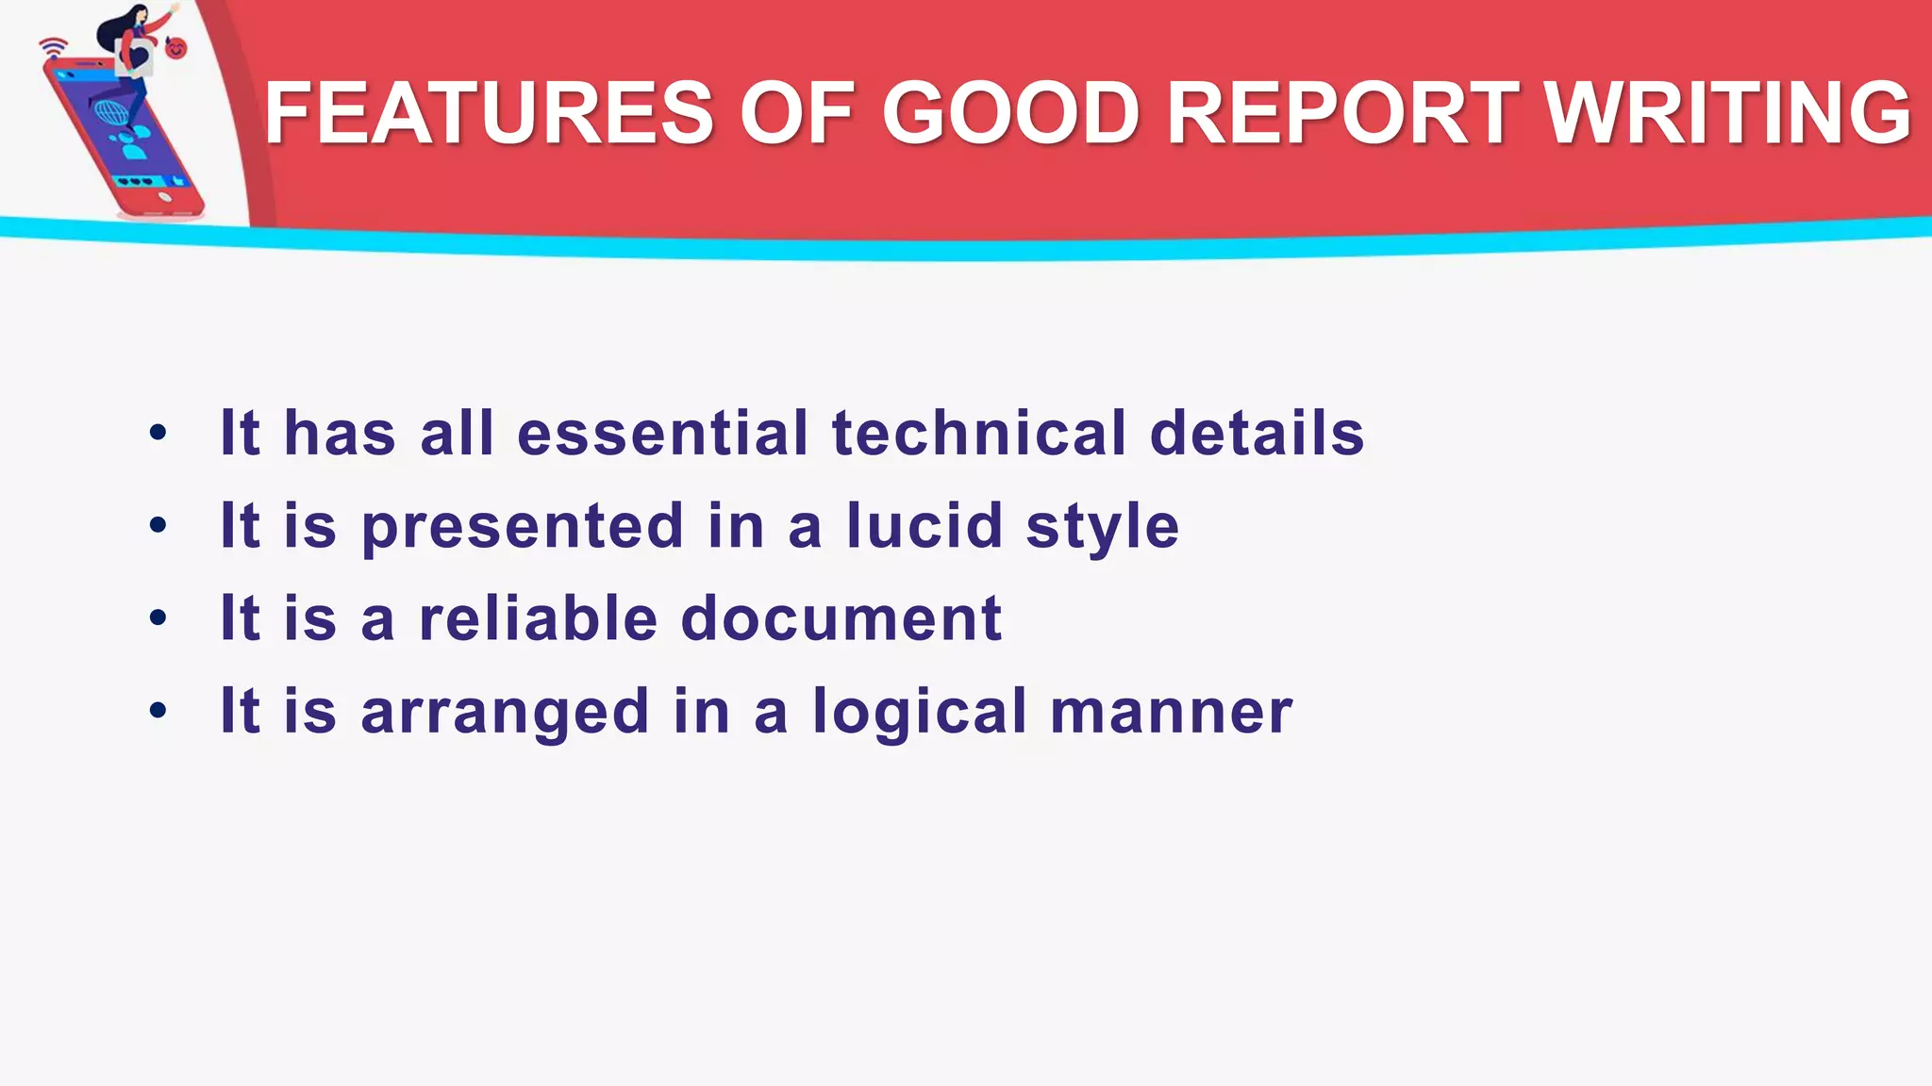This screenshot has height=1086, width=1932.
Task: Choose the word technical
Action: coord(979,433)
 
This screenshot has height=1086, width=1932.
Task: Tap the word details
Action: coord(1257,433)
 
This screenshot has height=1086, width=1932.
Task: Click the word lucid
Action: coord(924,525)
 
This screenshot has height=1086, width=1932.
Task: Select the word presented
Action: coord(523,525)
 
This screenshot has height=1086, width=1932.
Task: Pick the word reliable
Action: coord(538,618)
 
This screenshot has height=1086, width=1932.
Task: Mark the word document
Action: coord(841,618)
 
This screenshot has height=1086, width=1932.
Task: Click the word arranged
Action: coord(505,711)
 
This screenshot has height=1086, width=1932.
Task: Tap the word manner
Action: coord(1171,711)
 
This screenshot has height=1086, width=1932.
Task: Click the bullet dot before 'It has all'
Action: coord(158,434)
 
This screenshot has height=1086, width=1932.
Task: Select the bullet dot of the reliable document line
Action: coord(158,618)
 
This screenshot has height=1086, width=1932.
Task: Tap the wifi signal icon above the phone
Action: coord(54,46)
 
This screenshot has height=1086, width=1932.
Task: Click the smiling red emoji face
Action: coord(176,47)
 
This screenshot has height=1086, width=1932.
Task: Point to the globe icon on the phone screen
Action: coord(111,114)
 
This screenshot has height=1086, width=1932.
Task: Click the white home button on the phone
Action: coord(165,196)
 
